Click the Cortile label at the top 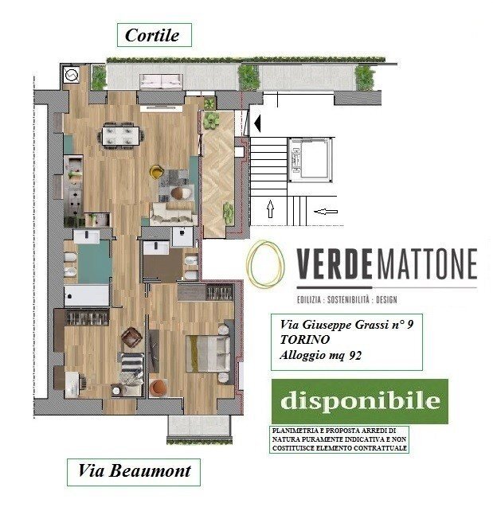157,35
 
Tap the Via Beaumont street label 133,470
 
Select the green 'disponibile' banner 358,400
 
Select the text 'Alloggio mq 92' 321,356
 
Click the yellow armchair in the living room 158,170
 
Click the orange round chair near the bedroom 158,388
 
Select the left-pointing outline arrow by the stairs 327,212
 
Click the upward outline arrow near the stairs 270,210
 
